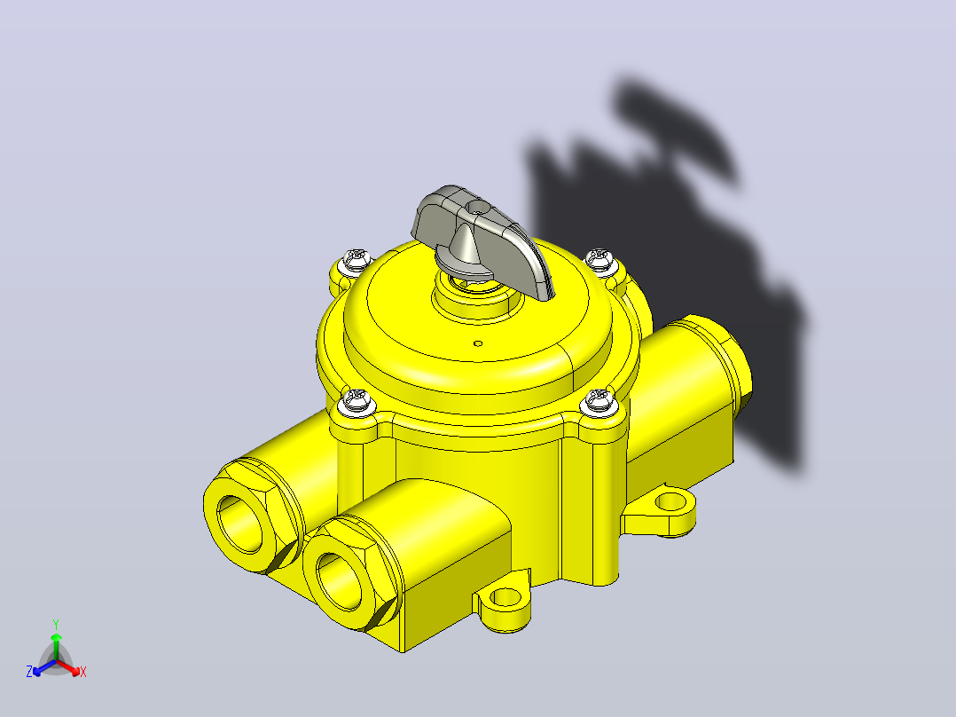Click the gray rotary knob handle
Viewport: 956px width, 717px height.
pyautogui.click(x=482, y=238)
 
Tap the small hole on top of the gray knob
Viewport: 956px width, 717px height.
pyautogui.click(x=479, y=208)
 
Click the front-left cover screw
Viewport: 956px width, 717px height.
pyautogui.click(x=356, y=404)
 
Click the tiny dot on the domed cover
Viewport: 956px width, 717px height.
pyautogui.click(x=479, y=343)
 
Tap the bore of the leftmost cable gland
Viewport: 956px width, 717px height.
pyautogui.click(x=239, y=524)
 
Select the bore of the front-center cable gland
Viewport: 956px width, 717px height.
pyautogui.click(x=339, y=580)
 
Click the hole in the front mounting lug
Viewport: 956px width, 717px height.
pyautogui.click(x=505, y=598)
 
